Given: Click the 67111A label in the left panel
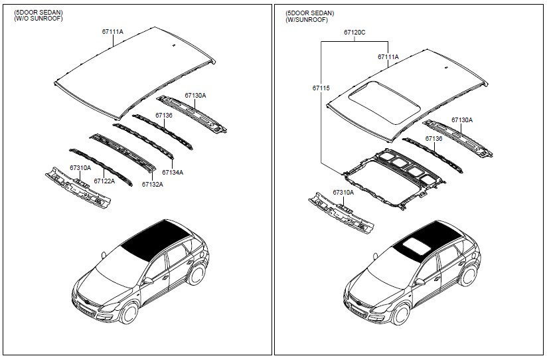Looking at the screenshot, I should click(113, 32).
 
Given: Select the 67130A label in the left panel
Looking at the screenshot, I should click(195, 96).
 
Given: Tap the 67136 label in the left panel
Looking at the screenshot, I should click(164, 115).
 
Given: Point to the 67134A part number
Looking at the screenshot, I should click(172, 173).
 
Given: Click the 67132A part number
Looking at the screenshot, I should click(152, 185).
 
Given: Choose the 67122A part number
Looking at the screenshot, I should click(104, 181).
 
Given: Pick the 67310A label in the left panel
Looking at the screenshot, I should click(80, 168).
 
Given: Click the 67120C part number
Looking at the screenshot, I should click(354, 33).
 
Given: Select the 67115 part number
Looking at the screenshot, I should click(321, 88).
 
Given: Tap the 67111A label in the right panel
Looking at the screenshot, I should click(388, 57).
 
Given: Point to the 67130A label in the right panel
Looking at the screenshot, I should click(462, 120).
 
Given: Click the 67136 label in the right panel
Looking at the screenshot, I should click(433, 139).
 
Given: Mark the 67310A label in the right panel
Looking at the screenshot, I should click(343, 192).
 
